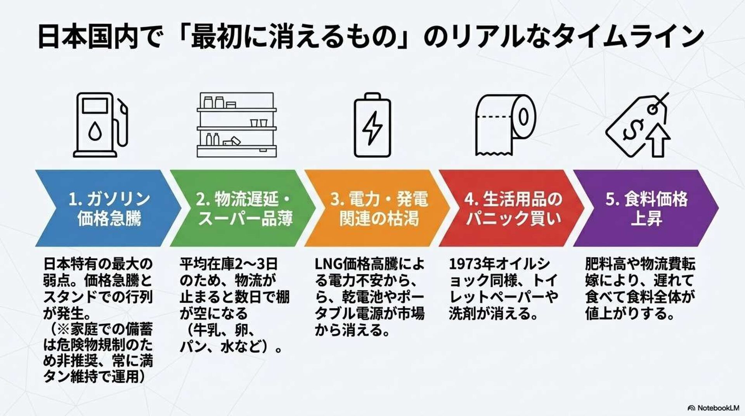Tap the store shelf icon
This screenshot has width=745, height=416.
[x=236, y=124]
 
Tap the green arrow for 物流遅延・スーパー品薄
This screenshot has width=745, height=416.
[x=243, y=208]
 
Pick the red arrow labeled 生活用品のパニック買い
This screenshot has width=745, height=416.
[x=512, y=208]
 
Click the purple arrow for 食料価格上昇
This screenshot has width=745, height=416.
[x=646, y=208]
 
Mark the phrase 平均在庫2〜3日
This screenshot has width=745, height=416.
[x=229, y=264]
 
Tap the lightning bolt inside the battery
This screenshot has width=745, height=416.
[x=372, y=128]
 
